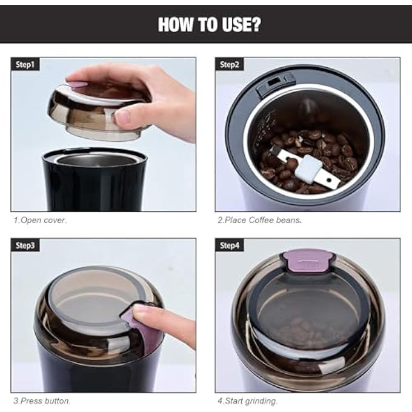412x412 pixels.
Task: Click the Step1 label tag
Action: tap(25, 64)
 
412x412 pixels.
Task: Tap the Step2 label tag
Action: tap(230, 64)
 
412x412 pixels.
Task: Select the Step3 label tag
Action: tap(25, 245)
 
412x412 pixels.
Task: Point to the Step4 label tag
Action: tap(230, 245)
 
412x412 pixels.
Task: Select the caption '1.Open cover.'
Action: tap(40, 220)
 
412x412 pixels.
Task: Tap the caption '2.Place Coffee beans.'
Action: tap(259, 220)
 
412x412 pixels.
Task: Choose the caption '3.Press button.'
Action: tap(42, 401)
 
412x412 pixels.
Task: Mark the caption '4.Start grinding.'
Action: tap(247, 401)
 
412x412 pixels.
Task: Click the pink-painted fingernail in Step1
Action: tap(78, 84)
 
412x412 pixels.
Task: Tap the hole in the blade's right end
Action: tap(328, 181)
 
